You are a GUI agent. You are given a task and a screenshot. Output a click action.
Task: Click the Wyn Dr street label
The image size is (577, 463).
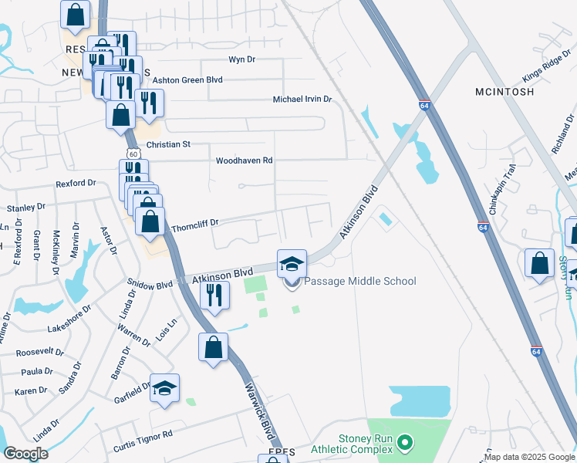(241, 60)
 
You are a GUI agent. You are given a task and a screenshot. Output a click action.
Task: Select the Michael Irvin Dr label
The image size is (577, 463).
(302, 100)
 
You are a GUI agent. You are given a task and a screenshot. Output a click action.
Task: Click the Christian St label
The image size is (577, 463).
(167, 144)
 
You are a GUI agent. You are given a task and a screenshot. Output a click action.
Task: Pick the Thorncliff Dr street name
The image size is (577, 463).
(195, 222)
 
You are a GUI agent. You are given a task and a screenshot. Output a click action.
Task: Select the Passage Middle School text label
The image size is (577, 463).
(360, 281)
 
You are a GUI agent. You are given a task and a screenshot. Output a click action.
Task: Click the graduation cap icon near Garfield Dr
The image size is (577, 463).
(164, 387)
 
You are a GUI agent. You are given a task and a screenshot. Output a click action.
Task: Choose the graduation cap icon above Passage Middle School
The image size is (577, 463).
(292, 264)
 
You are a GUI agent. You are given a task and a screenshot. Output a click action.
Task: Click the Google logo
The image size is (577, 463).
(25, 454)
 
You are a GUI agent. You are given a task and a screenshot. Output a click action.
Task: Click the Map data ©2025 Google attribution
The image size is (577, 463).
(530, 457)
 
